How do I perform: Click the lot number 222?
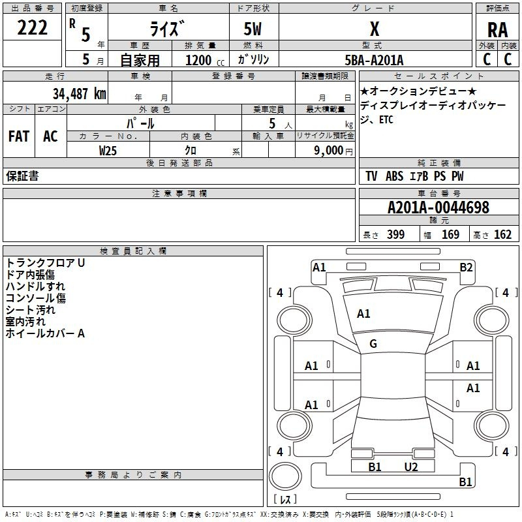pyautogui.click(x=32, y=27)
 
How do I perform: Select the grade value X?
pyautogui.click(x=375, y=29)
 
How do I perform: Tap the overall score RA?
pyautogui.click(x=497, y=30)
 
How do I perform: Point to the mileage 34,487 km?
pyautogui.click(x=79, y=94)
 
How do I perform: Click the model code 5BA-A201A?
pyautogui.click(x=374, y=60)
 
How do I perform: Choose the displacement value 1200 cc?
pyautogui.click(x=205, y=60)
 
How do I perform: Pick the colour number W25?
pyautogui.click(x=108, y=151)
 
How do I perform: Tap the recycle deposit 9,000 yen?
pyautogui.click(x=333, y=151)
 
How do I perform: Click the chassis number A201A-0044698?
pyautogui.click(x=438, y=207)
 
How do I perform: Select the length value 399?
pyautogui.click(x=395, y=235)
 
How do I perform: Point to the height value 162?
pyautogui.click(x=502, y=235)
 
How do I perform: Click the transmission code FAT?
pyautogui.click(x=19, y=136)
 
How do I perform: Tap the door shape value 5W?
pyautogui.click(x=253, y=29)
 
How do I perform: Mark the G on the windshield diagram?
pyautogui.click(x=373, y=344)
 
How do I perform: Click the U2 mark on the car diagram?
pyautogui.click(x=411, y=467)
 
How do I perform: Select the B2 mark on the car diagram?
pyautogui.click(x=466, y=268)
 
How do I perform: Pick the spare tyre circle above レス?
pyautogui.click(x=285, y=476)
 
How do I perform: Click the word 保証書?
pyautogui.click(x=22, y=176)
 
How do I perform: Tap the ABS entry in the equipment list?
pyautogui.click(x=395, y=176)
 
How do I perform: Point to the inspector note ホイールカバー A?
pyautogui.click(x=45, y=333)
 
